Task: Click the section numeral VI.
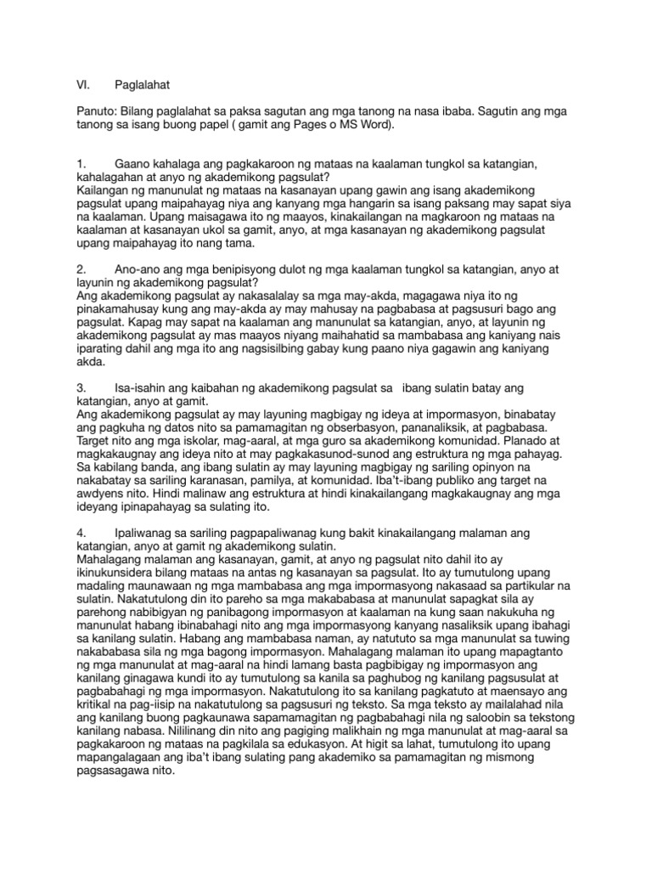point(81,86)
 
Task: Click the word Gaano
point(132,163)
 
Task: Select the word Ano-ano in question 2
point(138,269)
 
